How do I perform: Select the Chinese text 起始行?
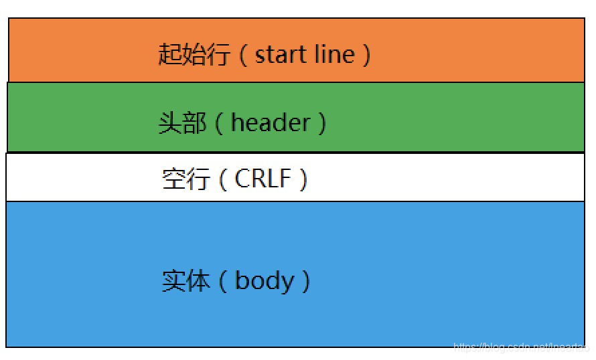tap(194, 54)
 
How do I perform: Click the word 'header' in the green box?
tap(271, 122)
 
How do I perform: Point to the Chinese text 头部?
tap(182, 123)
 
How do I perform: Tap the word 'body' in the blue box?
tap(265, 280)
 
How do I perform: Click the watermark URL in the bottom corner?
tap(519, 347)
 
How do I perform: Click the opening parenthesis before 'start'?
tap(242, 54)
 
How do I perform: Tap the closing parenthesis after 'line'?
tap(366, 54)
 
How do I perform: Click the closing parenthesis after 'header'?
tap(322, 123)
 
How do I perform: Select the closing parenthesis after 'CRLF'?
tap(303, 179)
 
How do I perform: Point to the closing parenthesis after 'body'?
tap(306, 281)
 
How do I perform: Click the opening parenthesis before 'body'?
tap(223, 281)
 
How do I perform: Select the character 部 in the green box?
tap(195, 123)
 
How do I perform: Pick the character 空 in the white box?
tap(173, 179)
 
